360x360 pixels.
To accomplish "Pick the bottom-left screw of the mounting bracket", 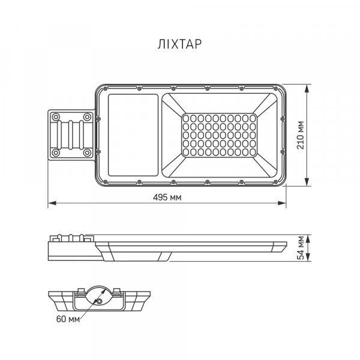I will pyautogui.click(x=56, y=153).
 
